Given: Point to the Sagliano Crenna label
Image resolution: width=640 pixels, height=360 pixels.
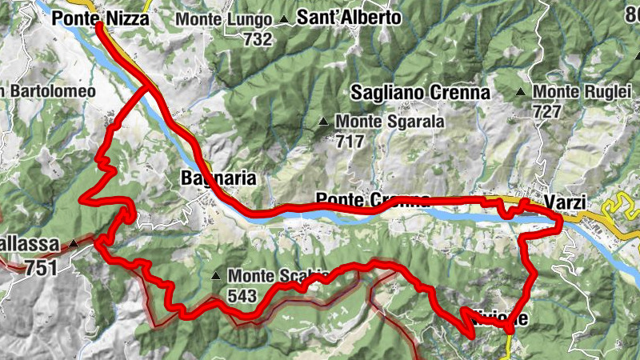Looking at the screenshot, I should point(420,93).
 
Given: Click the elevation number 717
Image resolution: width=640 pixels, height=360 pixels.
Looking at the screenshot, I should point(350,142).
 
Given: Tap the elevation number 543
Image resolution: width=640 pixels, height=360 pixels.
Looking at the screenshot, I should point(242,295).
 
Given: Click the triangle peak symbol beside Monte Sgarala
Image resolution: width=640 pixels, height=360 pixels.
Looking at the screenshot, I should point(324,122).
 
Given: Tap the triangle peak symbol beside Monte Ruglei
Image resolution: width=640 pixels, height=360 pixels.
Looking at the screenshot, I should point(522,92).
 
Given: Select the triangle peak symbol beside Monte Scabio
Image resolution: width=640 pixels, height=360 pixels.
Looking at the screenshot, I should point(216,277).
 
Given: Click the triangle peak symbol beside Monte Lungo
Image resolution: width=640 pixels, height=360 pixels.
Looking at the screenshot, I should point(283,18).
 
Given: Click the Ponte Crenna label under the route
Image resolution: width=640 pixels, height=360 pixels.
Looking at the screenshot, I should point(373,199).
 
